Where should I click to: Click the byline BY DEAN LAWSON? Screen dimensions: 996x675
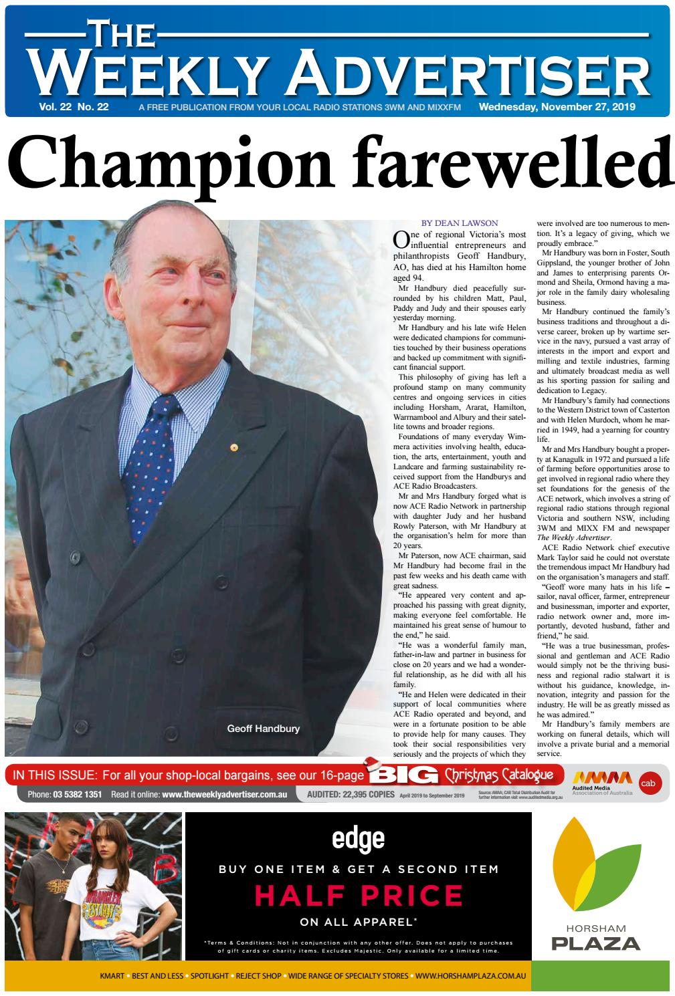[460, 223]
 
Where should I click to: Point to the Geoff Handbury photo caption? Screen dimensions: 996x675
[263, 728]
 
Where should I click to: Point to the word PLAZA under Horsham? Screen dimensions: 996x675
[595, 943]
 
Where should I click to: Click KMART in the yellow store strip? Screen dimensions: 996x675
[112, 976]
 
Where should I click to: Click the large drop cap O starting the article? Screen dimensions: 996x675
[401, 239]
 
